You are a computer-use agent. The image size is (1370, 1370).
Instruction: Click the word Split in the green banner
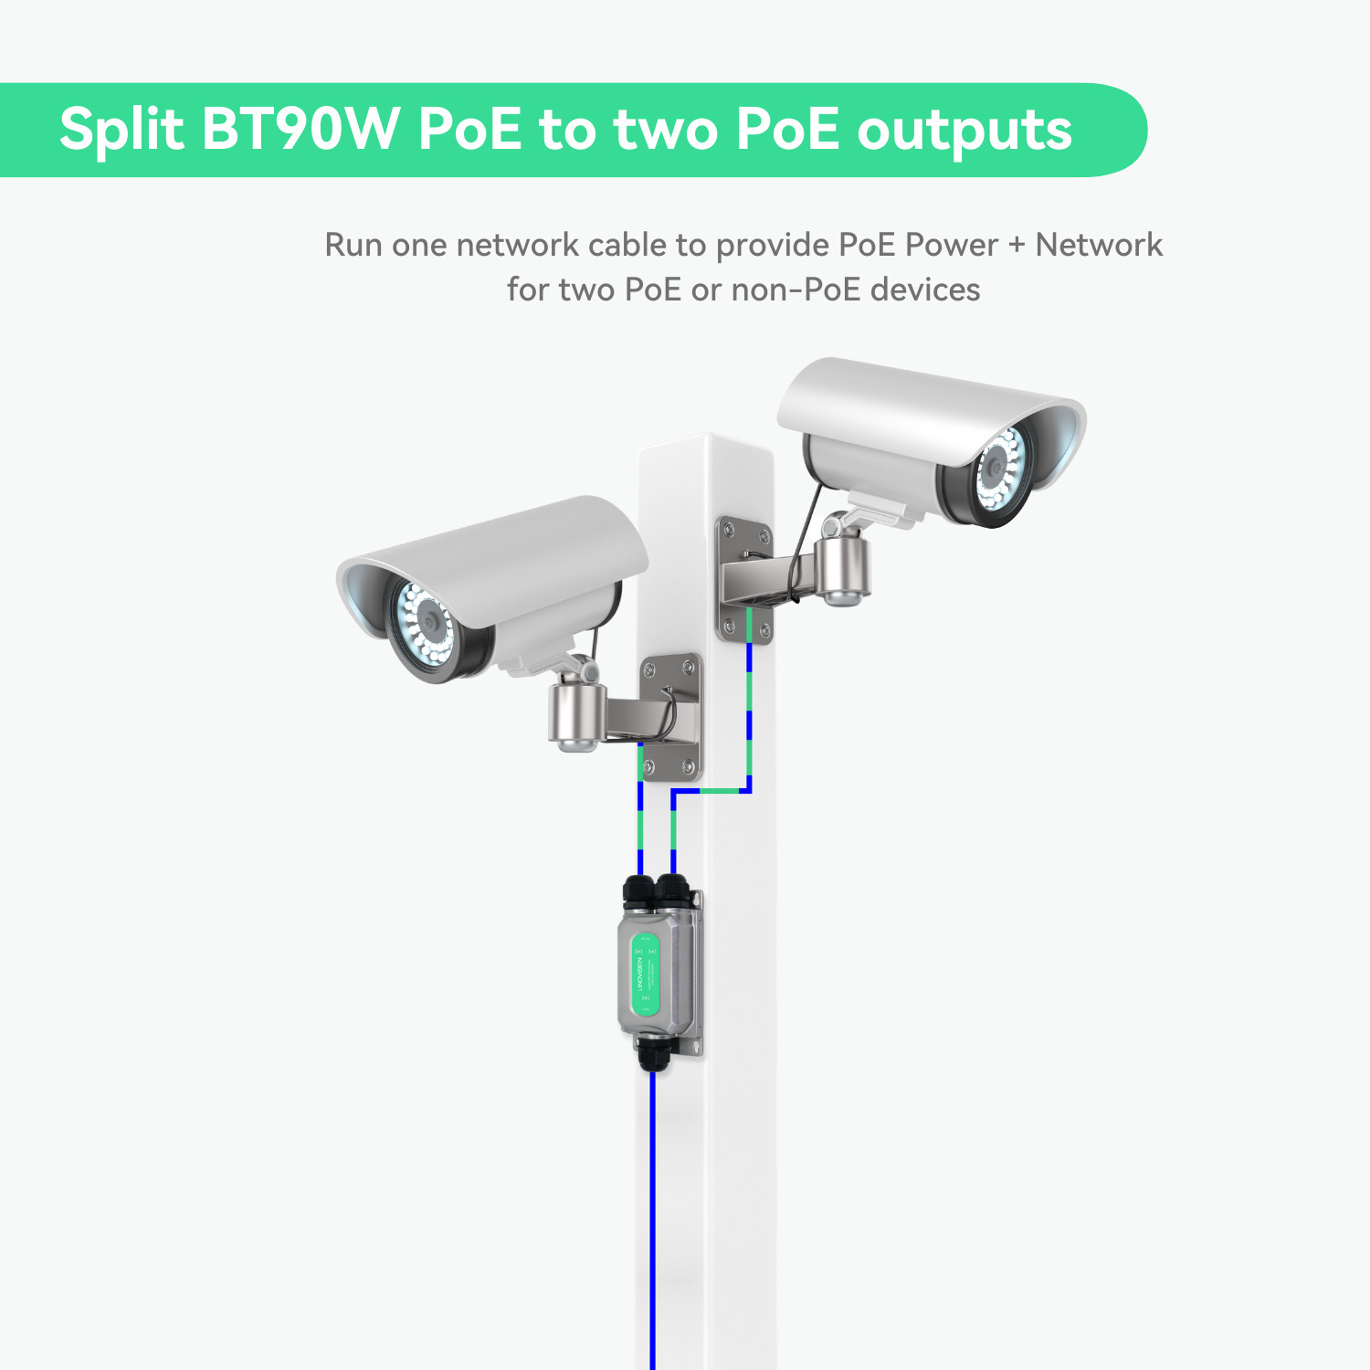121,130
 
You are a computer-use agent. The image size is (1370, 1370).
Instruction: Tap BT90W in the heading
300,130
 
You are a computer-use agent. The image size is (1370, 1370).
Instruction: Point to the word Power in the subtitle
951,245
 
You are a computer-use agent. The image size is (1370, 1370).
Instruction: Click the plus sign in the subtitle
1017,245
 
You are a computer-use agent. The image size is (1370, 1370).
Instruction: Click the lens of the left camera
427,626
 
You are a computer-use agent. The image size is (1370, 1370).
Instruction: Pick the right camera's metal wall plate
742,579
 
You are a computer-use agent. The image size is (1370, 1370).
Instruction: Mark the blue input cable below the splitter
652,1215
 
